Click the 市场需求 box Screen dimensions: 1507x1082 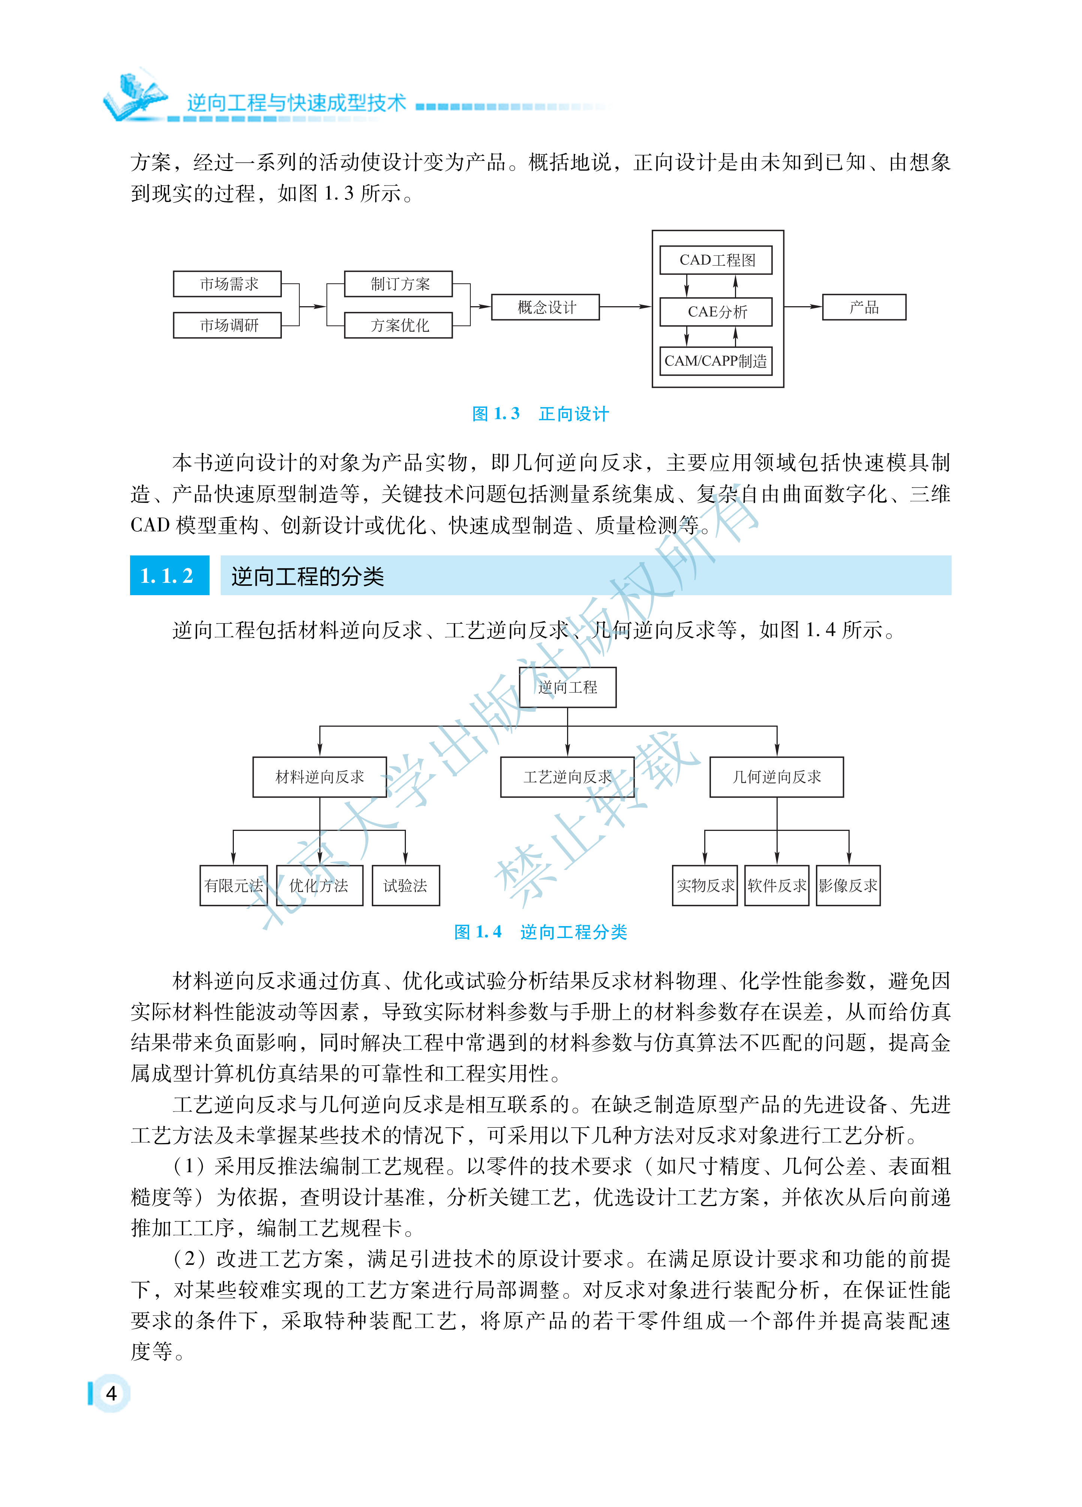point(227,284)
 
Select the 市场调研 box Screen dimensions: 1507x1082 point(227,325)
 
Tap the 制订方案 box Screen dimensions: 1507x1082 point(398,284)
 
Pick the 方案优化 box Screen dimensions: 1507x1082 point(398,325)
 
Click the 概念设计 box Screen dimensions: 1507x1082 point(545,307)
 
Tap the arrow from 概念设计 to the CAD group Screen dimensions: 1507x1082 point(625,307)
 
